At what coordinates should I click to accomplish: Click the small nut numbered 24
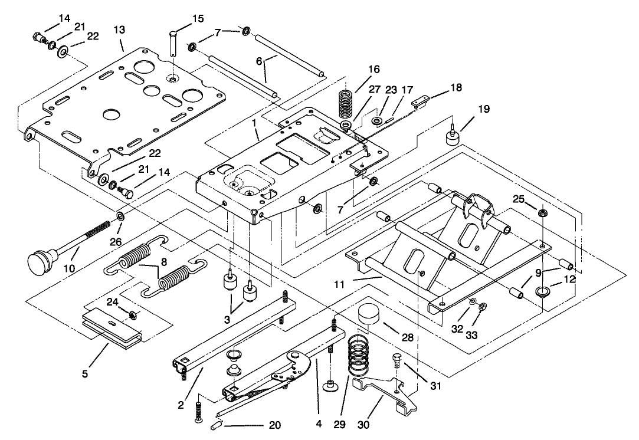pos(133,313)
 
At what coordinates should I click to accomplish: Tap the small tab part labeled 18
pos(420,102)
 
